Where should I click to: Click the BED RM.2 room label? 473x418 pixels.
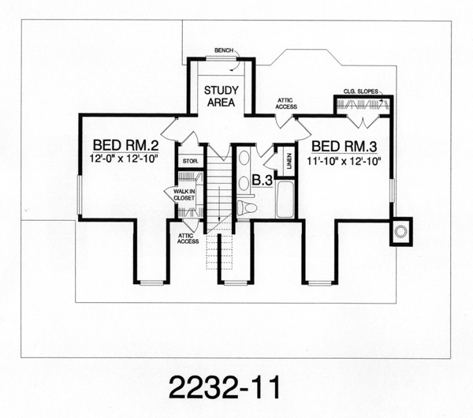126,145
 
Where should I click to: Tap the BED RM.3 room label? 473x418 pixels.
345,147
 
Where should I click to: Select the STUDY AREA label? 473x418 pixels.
221,96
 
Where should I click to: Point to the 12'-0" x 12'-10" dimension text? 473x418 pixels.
124,159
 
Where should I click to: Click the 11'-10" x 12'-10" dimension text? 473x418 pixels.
343,161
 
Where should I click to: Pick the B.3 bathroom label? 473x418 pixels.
263,181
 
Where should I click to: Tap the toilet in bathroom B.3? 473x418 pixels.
246,207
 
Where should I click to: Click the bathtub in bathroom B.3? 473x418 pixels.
285,200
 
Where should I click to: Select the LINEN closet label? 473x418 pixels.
289,161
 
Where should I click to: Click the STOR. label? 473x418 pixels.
191,162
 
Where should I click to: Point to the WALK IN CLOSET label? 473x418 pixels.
184,195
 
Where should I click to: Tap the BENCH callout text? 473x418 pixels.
224,50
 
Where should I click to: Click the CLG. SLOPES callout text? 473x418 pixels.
361,91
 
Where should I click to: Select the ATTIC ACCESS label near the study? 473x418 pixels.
286,103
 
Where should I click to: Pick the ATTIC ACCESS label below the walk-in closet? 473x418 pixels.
188,238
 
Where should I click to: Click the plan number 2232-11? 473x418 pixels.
225,387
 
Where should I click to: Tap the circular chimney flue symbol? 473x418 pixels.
400,232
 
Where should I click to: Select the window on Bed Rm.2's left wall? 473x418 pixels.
79,195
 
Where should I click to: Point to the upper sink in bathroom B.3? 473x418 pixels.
244,158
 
